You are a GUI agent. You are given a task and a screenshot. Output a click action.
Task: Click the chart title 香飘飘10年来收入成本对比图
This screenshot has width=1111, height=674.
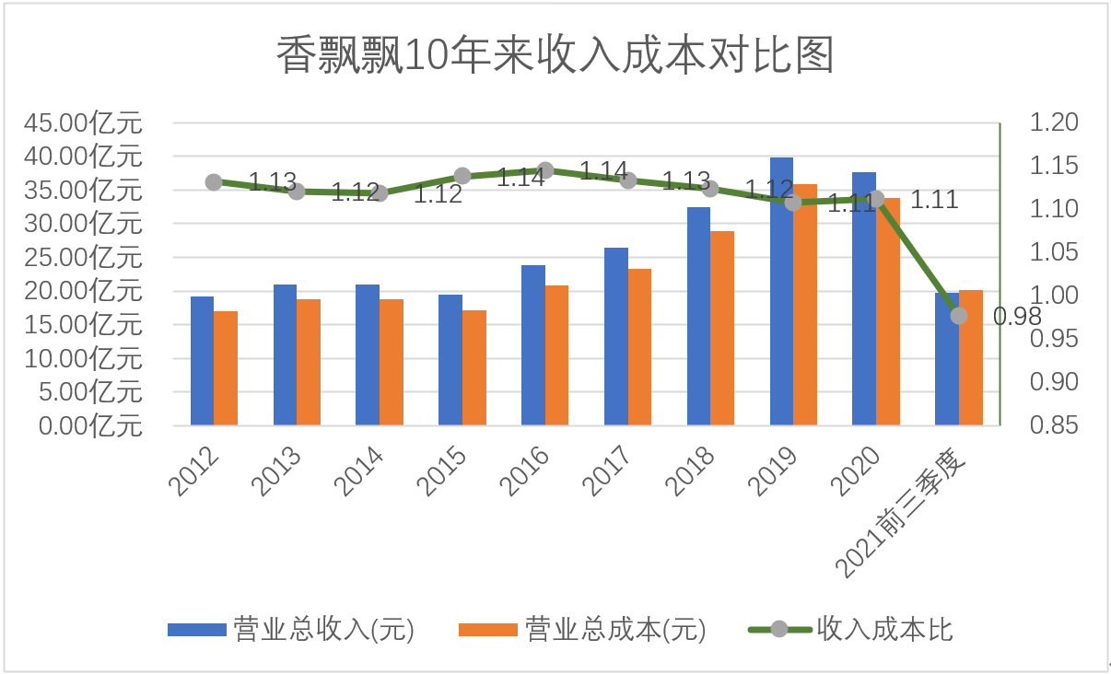tap(555, 55)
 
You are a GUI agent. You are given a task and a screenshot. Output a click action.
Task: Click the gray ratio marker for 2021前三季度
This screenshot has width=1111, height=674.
tap(959, 316)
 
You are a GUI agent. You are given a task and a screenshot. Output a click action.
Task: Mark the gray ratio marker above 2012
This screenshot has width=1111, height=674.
tap(214, 182)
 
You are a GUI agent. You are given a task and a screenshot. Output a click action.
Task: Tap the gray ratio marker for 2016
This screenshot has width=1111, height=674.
tap(545, 170)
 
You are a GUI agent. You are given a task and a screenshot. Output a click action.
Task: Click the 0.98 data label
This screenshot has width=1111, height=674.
tap(1017, 317)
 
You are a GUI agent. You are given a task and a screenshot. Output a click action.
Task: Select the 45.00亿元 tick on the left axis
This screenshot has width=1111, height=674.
tap(84, 122)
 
